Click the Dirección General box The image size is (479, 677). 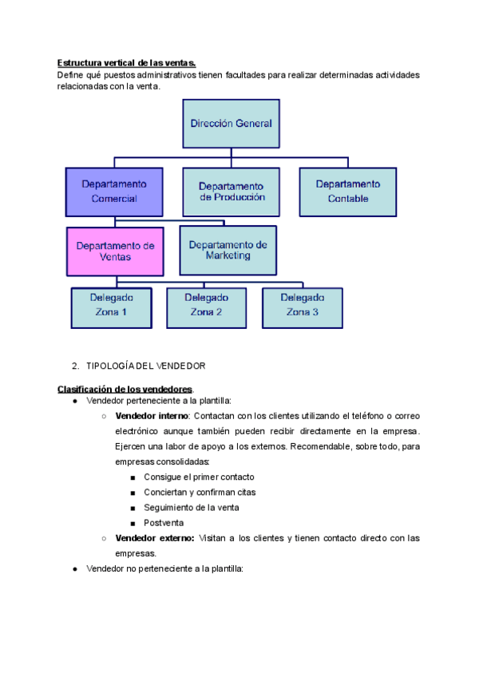click(231, 124)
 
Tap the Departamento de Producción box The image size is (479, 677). click(232, 192)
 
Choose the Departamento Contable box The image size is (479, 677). click(347, 192)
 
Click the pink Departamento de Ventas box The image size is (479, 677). click(115, 251)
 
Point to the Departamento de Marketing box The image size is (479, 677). click(228, 251)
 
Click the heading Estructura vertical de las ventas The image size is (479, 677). click(126, 63)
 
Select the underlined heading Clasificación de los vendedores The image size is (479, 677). click(125, 389)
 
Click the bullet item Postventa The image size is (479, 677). click(164, 523)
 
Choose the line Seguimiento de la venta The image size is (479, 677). click(191, 508)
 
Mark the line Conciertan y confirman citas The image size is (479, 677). click(200, 493)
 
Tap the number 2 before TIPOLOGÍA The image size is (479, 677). click(74, 366)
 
